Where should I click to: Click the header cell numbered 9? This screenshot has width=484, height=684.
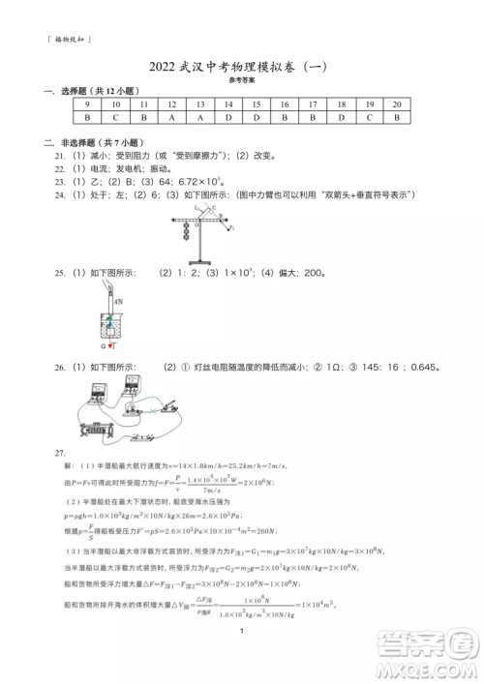pyautogui.click(x=88, y=104)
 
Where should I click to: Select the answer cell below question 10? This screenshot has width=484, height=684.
pyautogui.click(x=116, y=117)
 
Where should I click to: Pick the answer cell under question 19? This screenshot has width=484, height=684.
pyautogui.click(x=369, y=117)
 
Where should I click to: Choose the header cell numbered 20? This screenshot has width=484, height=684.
pyautogui.click(x=397, y=104)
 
